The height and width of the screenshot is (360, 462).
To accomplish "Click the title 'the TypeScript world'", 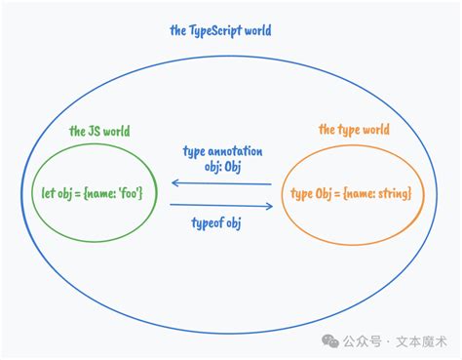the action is coord(220,30).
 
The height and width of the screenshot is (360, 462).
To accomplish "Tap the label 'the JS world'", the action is coord(99,131).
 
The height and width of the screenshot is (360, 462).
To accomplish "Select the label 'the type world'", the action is coord(354,129).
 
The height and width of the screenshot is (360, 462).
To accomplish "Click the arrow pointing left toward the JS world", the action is coord(221,182).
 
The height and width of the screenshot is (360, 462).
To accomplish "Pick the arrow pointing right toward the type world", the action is coord(221,205).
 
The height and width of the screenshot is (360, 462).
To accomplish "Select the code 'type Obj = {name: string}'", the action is coord(352,193).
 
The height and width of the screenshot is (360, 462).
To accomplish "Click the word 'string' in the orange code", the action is coord(392,193).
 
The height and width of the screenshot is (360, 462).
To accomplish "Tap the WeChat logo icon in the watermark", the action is coord(332,342).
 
